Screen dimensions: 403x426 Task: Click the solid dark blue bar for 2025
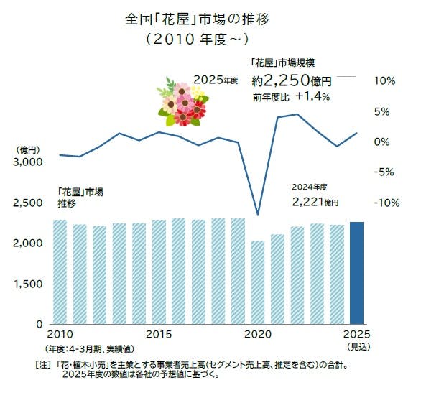[356, 273]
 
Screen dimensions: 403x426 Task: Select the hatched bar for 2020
[257, 282]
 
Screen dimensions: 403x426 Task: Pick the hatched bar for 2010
[60, 272]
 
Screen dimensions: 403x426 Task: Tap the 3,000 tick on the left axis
[28, 162]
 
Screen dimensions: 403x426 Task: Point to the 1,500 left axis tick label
[28, 284]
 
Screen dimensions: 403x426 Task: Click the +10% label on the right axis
[384, 81]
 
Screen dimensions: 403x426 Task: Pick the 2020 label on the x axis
[257, 335]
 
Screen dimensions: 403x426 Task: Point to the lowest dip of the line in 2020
[257, 214]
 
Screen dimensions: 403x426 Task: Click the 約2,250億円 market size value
[291, 81]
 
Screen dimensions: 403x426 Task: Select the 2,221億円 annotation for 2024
[315, 203]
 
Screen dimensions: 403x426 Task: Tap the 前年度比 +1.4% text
[290, 97]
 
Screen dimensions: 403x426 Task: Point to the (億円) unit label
[27, 149]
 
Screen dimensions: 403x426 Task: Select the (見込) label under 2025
[357, 347]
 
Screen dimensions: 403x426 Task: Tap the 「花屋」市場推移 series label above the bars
[80, 198]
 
